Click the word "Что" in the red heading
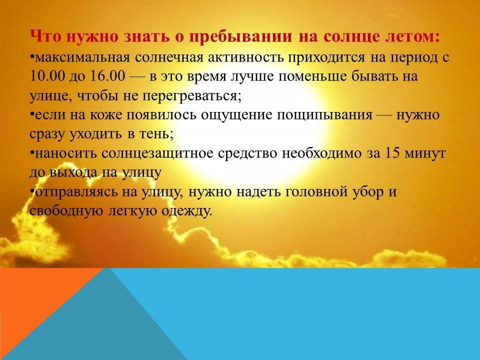45,36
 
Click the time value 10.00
47,76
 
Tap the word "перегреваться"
190,96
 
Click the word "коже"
105,115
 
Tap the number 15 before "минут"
392,153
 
